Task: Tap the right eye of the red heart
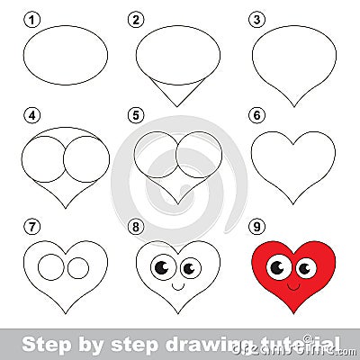click(x=306, y=267)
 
